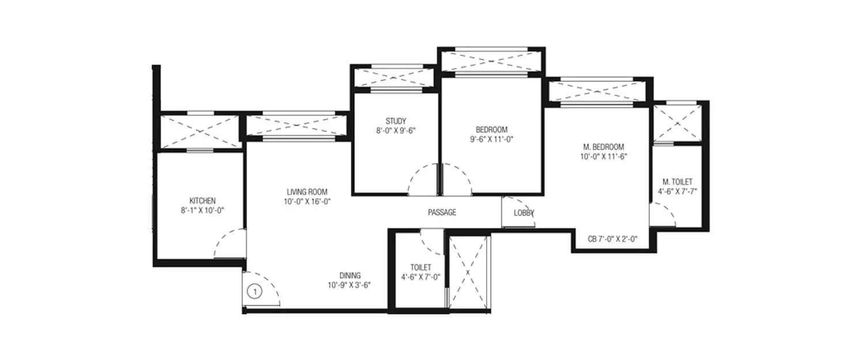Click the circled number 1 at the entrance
pyautogui.click(x=253, y=292)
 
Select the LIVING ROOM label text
pyautogui.click(x=307, y=191)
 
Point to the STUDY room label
pyautogui.click(x=396, y=121)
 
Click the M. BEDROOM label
pyautogui.click(x=602, y=147)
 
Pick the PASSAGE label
pyautogui.click(x=442, y=213)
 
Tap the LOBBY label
pyautogui.click(x=524, y=213)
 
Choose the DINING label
pyautogui.click(x=350, y=275)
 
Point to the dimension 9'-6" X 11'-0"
pyautogui.click(x=491, y=139)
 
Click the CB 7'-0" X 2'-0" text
pyautogui.click(x=612, y=238)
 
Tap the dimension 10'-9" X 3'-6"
pyautogui.click(x=350, y=285)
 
